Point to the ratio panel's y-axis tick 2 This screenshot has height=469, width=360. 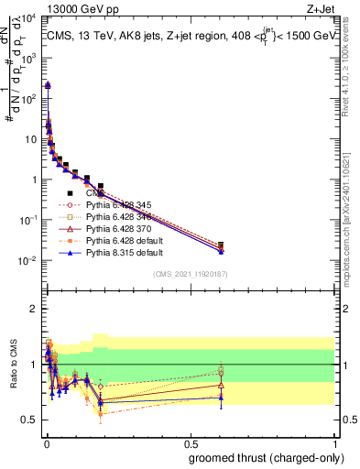[33, 309]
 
